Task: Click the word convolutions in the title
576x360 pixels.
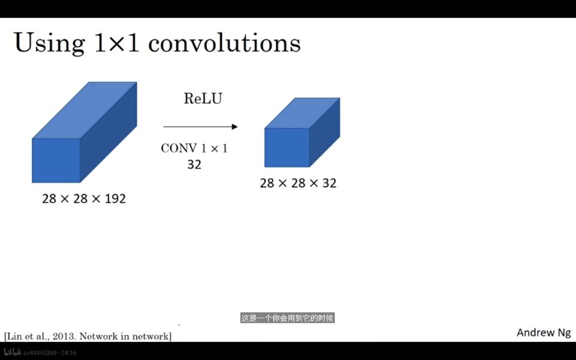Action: coord(224,43)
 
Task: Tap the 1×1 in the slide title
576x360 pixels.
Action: coord(117,43)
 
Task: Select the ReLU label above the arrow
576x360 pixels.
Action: coord(203,98)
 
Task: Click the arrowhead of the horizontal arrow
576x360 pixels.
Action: coord(235,127)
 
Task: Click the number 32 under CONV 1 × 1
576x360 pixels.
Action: coord(194,164)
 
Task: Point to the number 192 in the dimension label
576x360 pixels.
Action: coord(115,199)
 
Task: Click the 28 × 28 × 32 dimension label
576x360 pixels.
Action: coord(298,183)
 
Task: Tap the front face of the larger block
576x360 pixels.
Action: coord(56,161)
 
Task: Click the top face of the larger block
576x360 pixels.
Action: coord(85,110)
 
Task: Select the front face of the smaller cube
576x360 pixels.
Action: coord(287,148)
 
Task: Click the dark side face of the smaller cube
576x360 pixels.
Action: coord(325,132)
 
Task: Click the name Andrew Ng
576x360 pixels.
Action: coord(544,332)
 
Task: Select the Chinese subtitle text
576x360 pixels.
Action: coord(287,318)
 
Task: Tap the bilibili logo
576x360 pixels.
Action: coord(13,353)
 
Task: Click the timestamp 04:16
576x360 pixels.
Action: coord(69,353)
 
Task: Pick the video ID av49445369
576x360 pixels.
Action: coord(40,353)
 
